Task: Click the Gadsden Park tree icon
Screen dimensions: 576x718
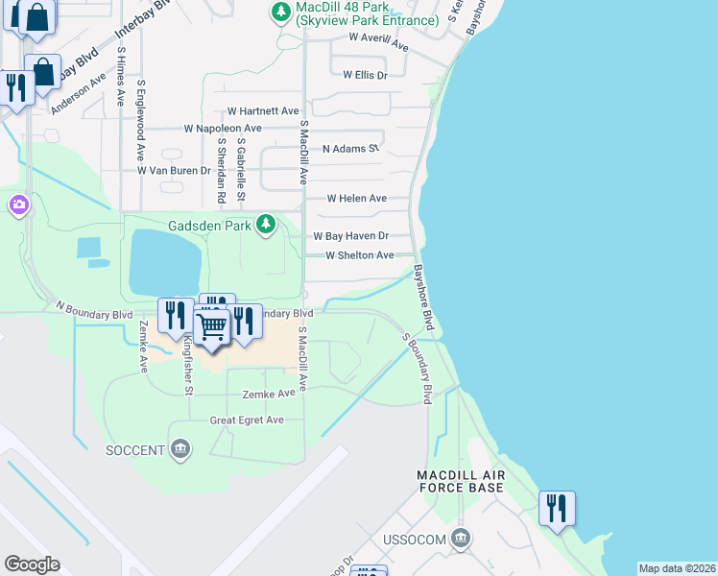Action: pos(266,226)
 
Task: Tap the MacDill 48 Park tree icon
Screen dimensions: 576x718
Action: pos(280,12)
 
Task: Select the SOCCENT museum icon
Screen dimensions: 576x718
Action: pos(180,449)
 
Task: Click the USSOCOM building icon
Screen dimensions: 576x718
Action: pos(461,539)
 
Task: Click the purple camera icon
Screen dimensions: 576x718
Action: pos(18,204)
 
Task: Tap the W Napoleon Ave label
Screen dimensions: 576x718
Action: pos(223,129)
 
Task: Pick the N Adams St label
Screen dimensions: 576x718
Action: pos(350,149)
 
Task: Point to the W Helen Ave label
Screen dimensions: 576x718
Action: pos(356,199)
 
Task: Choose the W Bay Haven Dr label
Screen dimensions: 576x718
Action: pos(350,236)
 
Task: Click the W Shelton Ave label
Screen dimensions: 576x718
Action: pos(359,255)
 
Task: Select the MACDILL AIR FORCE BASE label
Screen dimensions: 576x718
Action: pos(461,481)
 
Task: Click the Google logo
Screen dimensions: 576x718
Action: pos(32,564)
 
